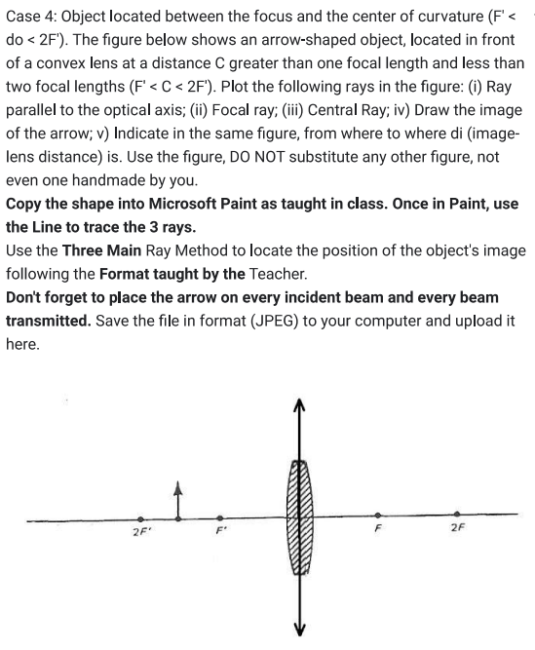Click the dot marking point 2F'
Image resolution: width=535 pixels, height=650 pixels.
(x=142, y=518)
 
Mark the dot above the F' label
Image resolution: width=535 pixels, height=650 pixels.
(x=221, y=517)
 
